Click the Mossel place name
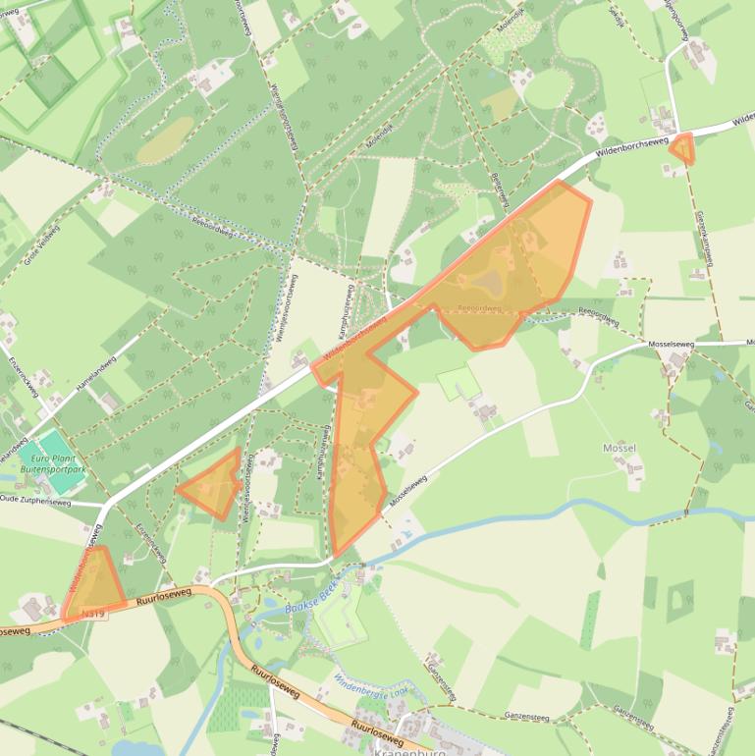click(x=620, y=448)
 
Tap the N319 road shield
click(x=93, y=613)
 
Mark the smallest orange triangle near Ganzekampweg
click(x=681, y=148)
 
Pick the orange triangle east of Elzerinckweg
click(x=213, y=484)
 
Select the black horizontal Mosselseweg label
click(x=672, y=345)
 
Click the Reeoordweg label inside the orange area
click(x=480, y=307)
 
